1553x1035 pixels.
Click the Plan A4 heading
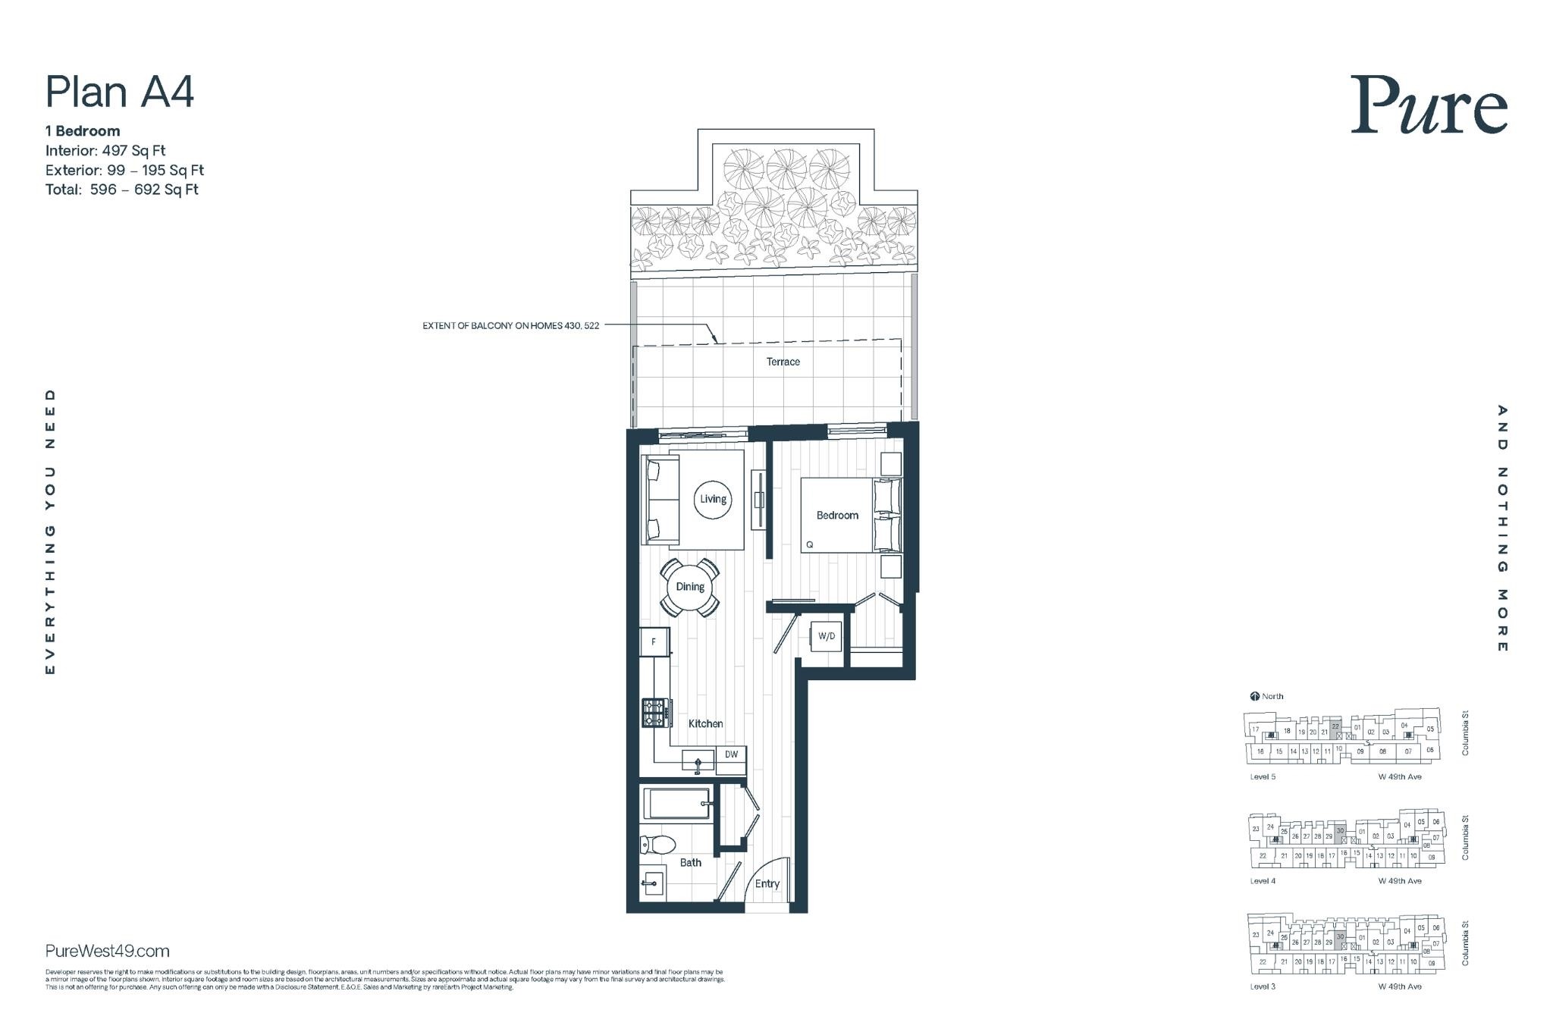click(120, 92)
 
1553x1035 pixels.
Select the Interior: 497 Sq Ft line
click(105, 150)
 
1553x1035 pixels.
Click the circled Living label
click(713, 499)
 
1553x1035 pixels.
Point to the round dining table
click(690, 587)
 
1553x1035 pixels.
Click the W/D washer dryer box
click(826, 636)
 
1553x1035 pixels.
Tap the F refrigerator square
click(654, 642)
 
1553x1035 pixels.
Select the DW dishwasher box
click(731, 754)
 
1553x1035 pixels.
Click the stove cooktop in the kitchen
click(656, 713)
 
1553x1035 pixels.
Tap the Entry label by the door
click(767, 883)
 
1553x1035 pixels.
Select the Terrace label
click(783, 362)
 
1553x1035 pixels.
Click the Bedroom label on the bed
click(837, 516)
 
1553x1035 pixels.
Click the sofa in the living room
click(655, 499)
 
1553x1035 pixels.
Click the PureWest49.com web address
click(108, 951)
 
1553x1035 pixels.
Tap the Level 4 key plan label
click(1263, 881)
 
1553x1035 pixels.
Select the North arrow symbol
click(1254, 696)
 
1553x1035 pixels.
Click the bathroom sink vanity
click(652, 883)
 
